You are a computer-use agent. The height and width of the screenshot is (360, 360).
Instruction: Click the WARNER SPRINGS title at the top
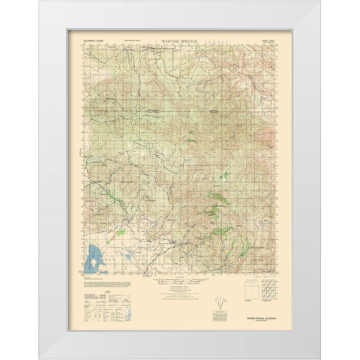point(179,34)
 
